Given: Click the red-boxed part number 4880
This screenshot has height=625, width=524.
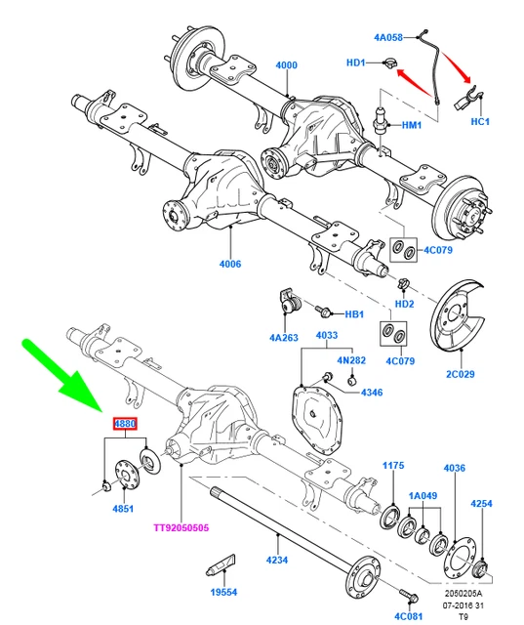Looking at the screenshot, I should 126,425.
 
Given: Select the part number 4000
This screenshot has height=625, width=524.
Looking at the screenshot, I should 286,65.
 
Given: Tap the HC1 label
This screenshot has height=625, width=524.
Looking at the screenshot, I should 480,122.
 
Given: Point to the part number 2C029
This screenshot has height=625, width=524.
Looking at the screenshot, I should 460,375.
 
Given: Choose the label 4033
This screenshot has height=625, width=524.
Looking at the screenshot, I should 326,337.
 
